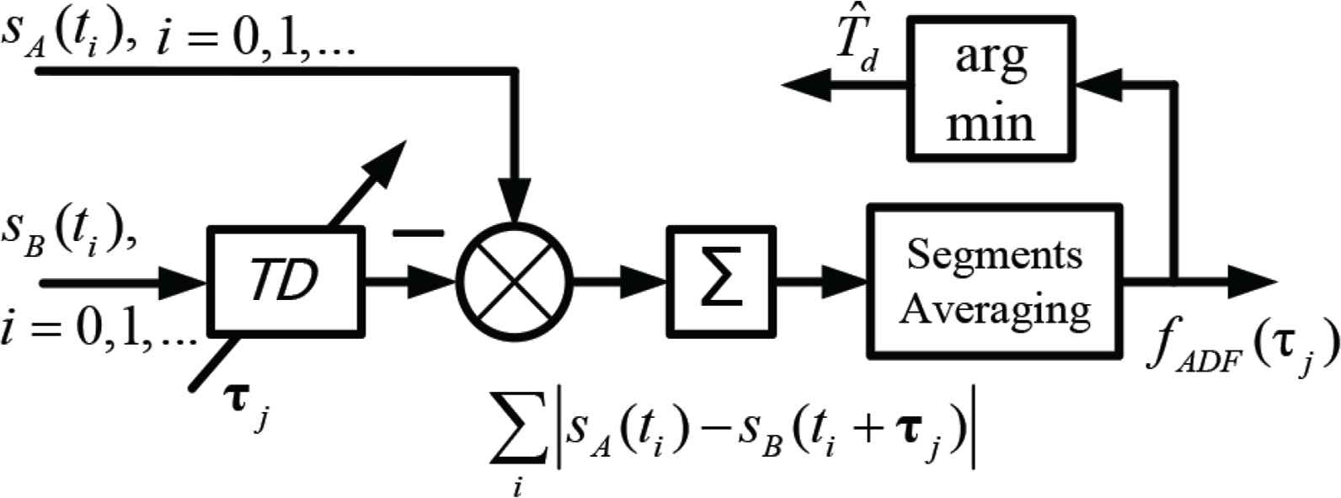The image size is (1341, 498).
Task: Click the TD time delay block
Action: click(286, 281)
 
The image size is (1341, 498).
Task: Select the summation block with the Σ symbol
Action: click(721, 281)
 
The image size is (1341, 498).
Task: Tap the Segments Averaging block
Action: click(994, 281)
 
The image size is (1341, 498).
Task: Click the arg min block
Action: click(991, 88)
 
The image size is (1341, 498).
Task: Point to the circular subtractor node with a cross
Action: click(515, 281)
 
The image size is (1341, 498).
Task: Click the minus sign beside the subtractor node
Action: click(418, 233)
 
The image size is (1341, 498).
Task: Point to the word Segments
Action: click(994, 255)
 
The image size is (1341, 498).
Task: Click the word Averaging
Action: click(994, 311)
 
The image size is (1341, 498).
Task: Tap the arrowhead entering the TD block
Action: click(183, 281)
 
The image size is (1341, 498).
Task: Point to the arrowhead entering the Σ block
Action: click(643, 281)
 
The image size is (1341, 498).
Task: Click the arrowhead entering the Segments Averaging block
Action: click(844, 281)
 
